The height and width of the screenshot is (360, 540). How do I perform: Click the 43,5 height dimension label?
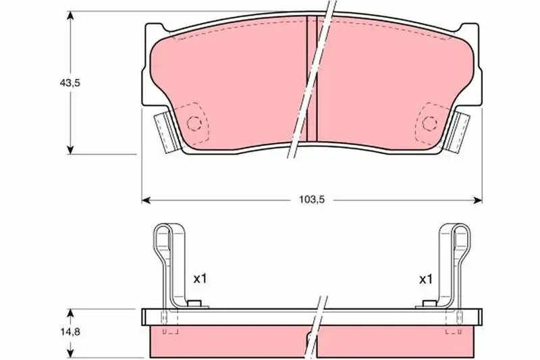pyautogui.click(x=70, y=82)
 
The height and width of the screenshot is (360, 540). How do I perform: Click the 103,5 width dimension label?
pyautogui.click(x=312, y=200)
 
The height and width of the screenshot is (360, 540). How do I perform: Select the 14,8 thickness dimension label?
pyautogui.click(x=70, y=332)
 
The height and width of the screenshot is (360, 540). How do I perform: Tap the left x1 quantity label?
pyautogui.click(x=200, y=278)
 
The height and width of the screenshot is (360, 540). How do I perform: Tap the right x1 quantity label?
pyautogui.click(x=425, y=280)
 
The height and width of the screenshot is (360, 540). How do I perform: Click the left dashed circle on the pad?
pyautogui.click(x=194, y=123)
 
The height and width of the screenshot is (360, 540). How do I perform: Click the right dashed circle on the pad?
pyautogui.click(x=430, y=123)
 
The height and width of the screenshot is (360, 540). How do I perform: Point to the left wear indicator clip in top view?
pyautogui.click(x=166, y=132)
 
